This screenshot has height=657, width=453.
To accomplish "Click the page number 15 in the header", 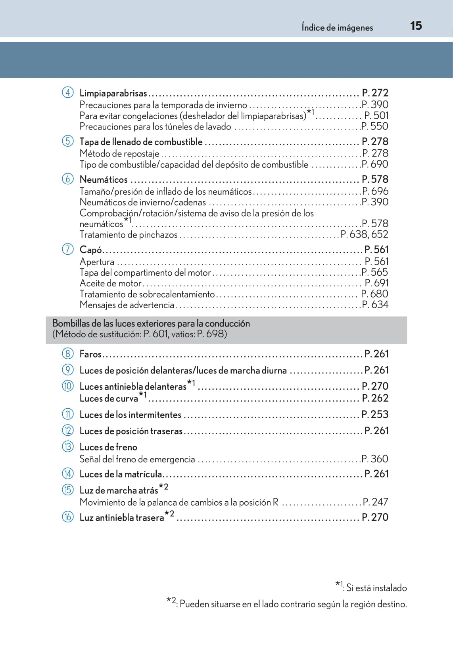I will tap(416, 26).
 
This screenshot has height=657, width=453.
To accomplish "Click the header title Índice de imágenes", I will tap(337, 27).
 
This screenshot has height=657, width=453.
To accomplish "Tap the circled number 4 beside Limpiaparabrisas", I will tap(68, 93).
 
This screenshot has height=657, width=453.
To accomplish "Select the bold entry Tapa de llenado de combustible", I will tap(141, 142).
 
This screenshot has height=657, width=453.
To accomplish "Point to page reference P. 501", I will tap(376, 116).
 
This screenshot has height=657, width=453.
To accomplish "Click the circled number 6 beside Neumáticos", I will tap(68, 179).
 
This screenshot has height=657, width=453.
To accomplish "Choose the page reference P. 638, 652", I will tap(364, 234).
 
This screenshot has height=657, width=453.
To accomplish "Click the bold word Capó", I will tap(91, 250).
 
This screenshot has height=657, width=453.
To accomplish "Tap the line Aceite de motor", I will tap(111, 283).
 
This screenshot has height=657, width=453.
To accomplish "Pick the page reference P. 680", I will tap(374, 294).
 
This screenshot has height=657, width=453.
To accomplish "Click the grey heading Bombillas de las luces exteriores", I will tap(151, 323).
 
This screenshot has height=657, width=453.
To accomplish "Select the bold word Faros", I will tap(90, 354).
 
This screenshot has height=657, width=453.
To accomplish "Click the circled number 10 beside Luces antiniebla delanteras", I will tap(68, 386).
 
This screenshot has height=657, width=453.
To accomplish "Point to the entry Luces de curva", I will tap(109, 398).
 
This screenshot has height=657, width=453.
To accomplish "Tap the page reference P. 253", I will tap(375, 414).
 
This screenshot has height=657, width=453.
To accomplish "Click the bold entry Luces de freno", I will tap(108, 447).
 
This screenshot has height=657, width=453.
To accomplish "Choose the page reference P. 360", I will tap(375, 459).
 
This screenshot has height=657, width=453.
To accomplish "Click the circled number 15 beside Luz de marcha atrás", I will tap(68, 490).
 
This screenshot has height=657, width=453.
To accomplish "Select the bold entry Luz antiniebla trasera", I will tap(122, 517).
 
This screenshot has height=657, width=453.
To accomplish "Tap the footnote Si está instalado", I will tap(376, 588).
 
